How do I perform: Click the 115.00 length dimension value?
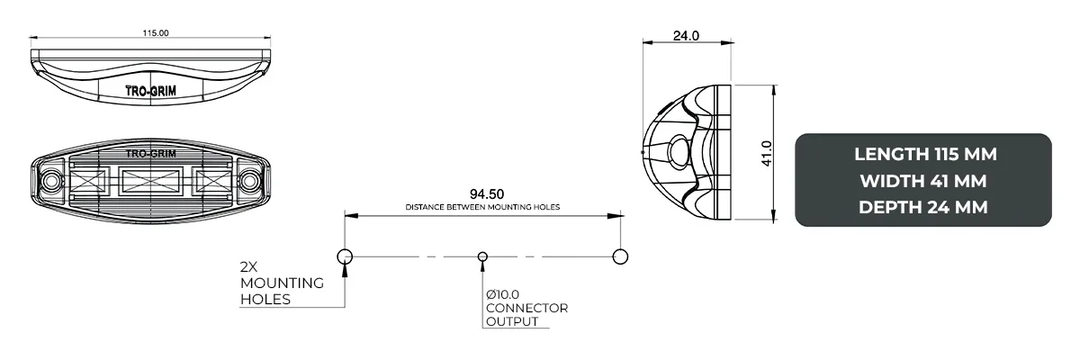[x=156, y=32]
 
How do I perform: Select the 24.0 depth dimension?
[x=687, y=36]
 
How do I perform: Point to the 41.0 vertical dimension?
[x=767, y=153]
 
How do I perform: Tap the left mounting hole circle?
[x=345, y=256]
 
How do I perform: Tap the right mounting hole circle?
[x=620, y=256]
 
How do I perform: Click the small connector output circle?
[x=483, y=256]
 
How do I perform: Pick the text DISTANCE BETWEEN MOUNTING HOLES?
[x=482, y=207]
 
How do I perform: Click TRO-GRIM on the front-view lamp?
[x=151, y=154]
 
